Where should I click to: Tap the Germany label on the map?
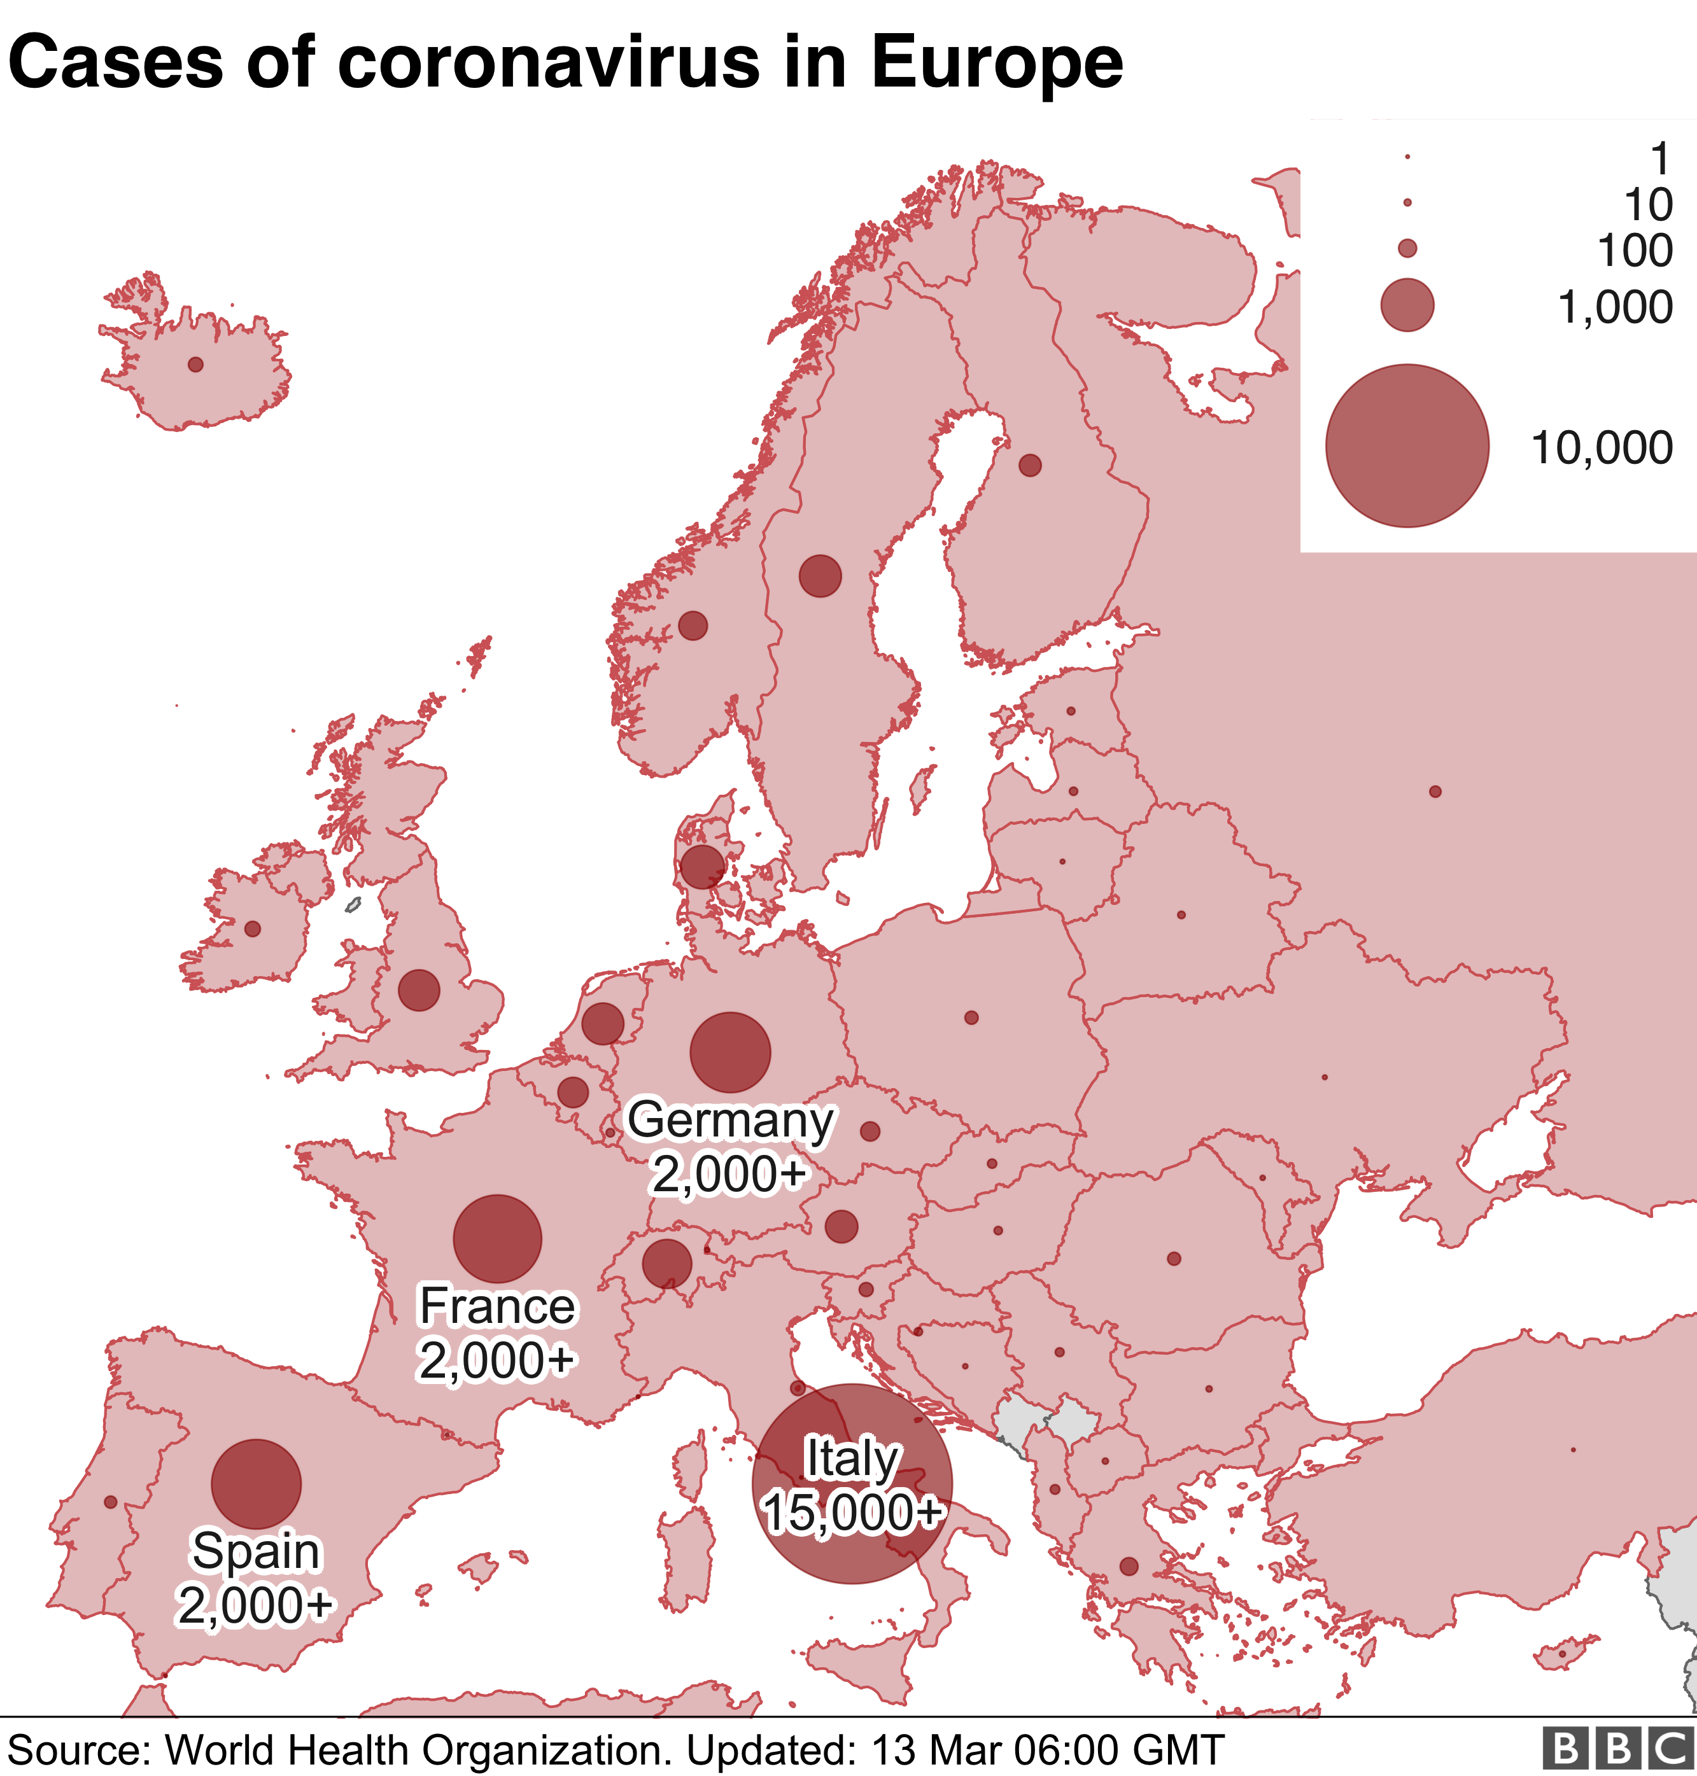730,1121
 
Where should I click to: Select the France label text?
496,1306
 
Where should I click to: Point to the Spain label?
256,1552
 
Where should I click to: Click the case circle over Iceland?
195,365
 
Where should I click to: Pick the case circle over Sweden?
820,576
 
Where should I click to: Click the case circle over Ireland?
252,928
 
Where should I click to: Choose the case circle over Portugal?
110,1502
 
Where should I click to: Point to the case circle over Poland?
971,1018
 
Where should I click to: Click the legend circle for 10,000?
1407,446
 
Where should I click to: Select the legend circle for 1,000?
1407,305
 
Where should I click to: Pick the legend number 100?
1635,251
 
